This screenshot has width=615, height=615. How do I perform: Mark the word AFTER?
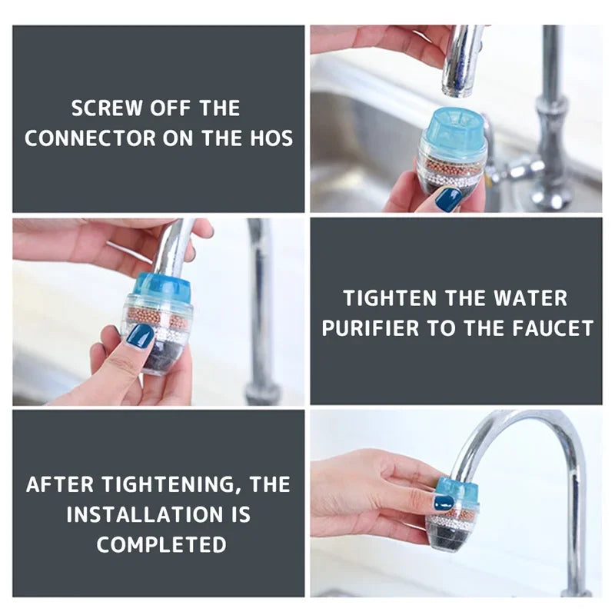[x=59, y=485]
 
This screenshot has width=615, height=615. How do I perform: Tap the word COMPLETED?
[x=161, y=545]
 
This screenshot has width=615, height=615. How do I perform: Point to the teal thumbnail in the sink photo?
[x=448, y=198]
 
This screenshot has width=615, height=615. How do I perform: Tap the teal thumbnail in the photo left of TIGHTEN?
[x=140, y=336]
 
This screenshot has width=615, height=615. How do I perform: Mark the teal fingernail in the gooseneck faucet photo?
[x=443, y=503]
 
